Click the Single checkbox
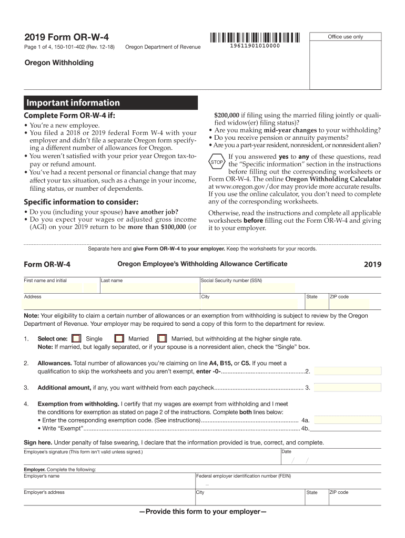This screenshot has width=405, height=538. [x=77, y=339]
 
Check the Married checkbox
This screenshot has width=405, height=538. [x=119, y=339]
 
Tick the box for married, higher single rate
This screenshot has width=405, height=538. [x=163, y=339]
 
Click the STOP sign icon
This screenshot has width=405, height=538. [x=217, y=162]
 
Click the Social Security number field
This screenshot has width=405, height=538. [x=247, y=288]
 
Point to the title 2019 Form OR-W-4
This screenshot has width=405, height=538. [x=67, y=37]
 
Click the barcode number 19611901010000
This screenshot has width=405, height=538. [x=255, y=47]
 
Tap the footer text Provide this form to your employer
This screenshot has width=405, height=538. [x=202, y=512]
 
